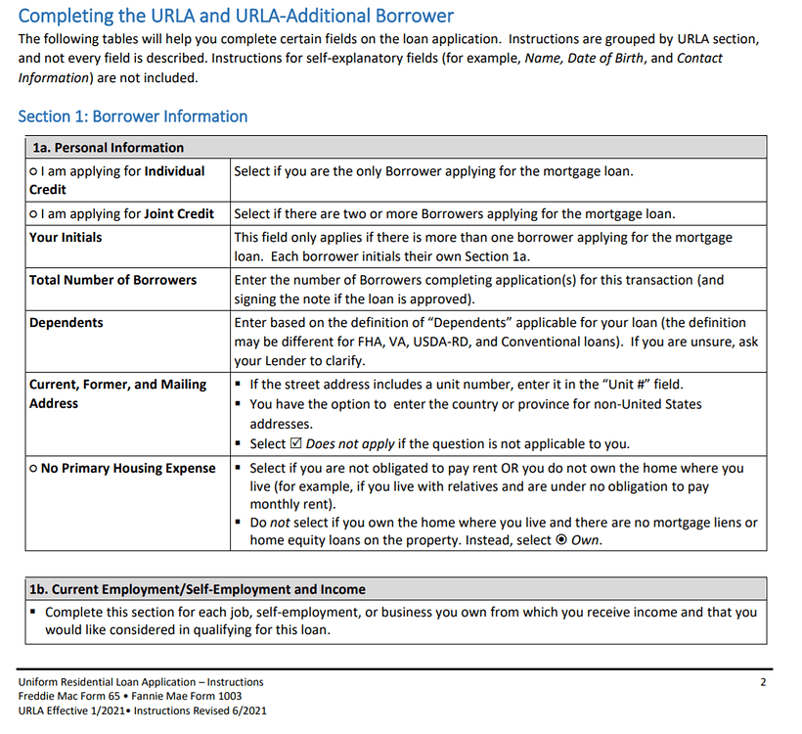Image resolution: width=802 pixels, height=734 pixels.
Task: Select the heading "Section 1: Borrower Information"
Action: point(133,116)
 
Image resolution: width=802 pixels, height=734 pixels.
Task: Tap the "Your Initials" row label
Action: point(66,238)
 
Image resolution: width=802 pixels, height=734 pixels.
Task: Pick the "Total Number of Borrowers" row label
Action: point(112,280)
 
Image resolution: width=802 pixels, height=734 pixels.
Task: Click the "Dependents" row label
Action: point(66,323)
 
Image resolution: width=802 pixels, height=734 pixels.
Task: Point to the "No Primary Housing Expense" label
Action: point(127,469)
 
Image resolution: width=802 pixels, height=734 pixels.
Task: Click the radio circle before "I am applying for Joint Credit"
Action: point(33,214)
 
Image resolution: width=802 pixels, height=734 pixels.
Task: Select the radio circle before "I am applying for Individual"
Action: point(33,171)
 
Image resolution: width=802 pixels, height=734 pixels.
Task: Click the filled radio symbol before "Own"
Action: point(561,540)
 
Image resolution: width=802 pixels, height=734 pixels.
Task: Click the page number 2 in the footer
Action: point(763,682)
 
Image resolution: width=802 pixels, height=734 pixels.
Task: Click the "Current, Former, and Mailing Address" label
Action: point(117,393)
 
